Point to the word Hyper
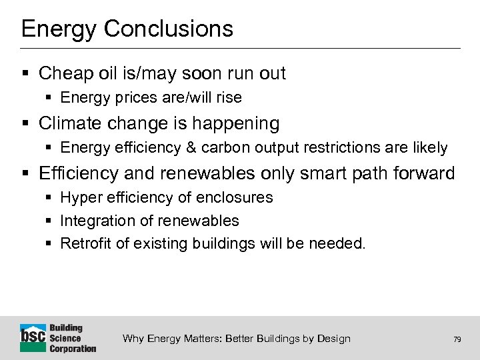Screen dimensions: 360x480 [79, 198]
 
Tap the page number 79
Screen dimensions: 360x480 [457, 339]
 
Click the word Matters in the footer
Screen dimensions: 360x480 [197, 339]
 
